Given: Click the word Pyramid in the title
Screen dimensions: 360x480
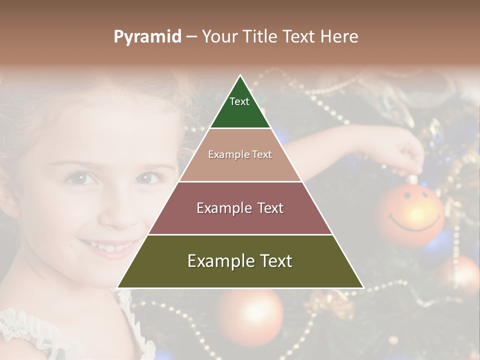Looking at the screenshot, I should coord(147,37).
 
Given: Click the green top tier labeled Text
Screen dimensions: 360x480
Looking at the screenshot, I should coord(240,107).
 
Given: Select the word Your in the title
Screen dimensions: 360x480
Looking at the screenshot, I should coord(219,36).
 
